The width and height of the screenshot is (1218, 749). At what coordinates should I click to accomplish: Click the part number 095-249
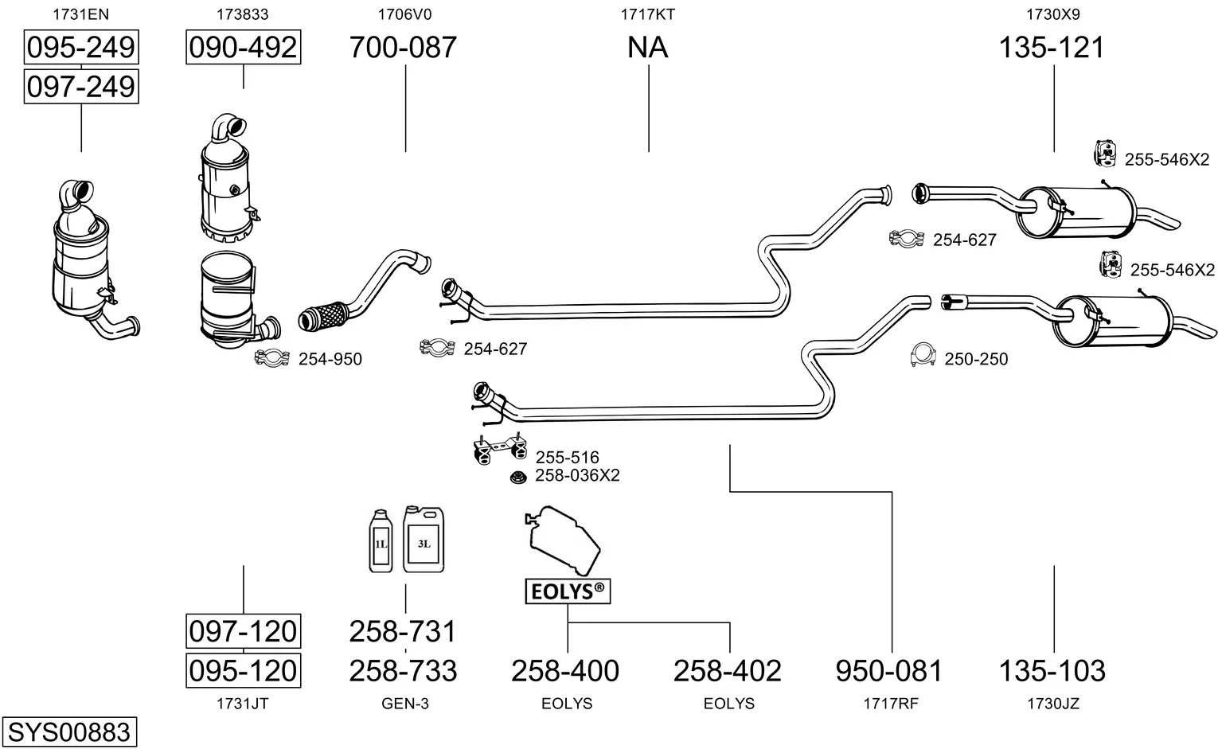pos(81,48)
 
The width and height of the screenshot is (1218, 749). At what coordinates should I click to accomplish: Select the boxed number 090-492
pos(243,48)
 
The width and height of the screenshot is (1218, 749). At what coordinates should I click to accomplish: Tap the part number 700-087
pos(404,48)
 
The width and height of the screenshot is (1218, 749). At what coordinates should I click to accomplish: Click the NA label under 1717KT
pos(647,48)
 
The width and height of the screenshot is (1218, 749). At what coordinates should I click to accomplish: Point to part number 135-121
pos(1052,48)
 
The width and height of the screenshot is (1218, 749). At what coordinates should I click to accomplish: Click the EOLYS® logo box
pos(568,591)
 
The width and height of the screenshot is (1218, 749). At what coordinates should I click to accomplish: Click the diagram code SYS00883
pos(68,731)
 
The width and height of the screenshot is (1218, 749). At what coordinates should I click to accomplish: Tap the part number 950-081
pos(889,671)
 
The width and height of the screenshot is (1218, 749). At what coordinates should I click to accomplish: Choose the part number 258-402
pos(728,671)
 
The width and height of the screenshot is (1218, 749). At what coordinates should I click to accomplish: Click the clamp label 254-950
pos(330,359)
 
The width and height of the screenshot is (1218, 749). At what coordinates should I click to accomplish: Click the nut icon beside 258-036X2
pos(518,478)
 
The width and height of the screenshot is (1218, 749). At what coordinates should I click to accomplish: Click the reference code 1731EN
pos(81,14)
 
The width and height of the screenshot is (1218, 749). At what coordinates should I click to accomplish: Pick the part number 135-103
pos(1052,671)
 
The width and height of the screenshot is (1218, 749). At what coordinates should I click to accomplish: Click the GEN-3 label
pos(405,704)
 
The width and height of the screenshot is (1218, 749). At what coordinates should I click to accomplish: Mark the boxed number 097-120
pos(243,632)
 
